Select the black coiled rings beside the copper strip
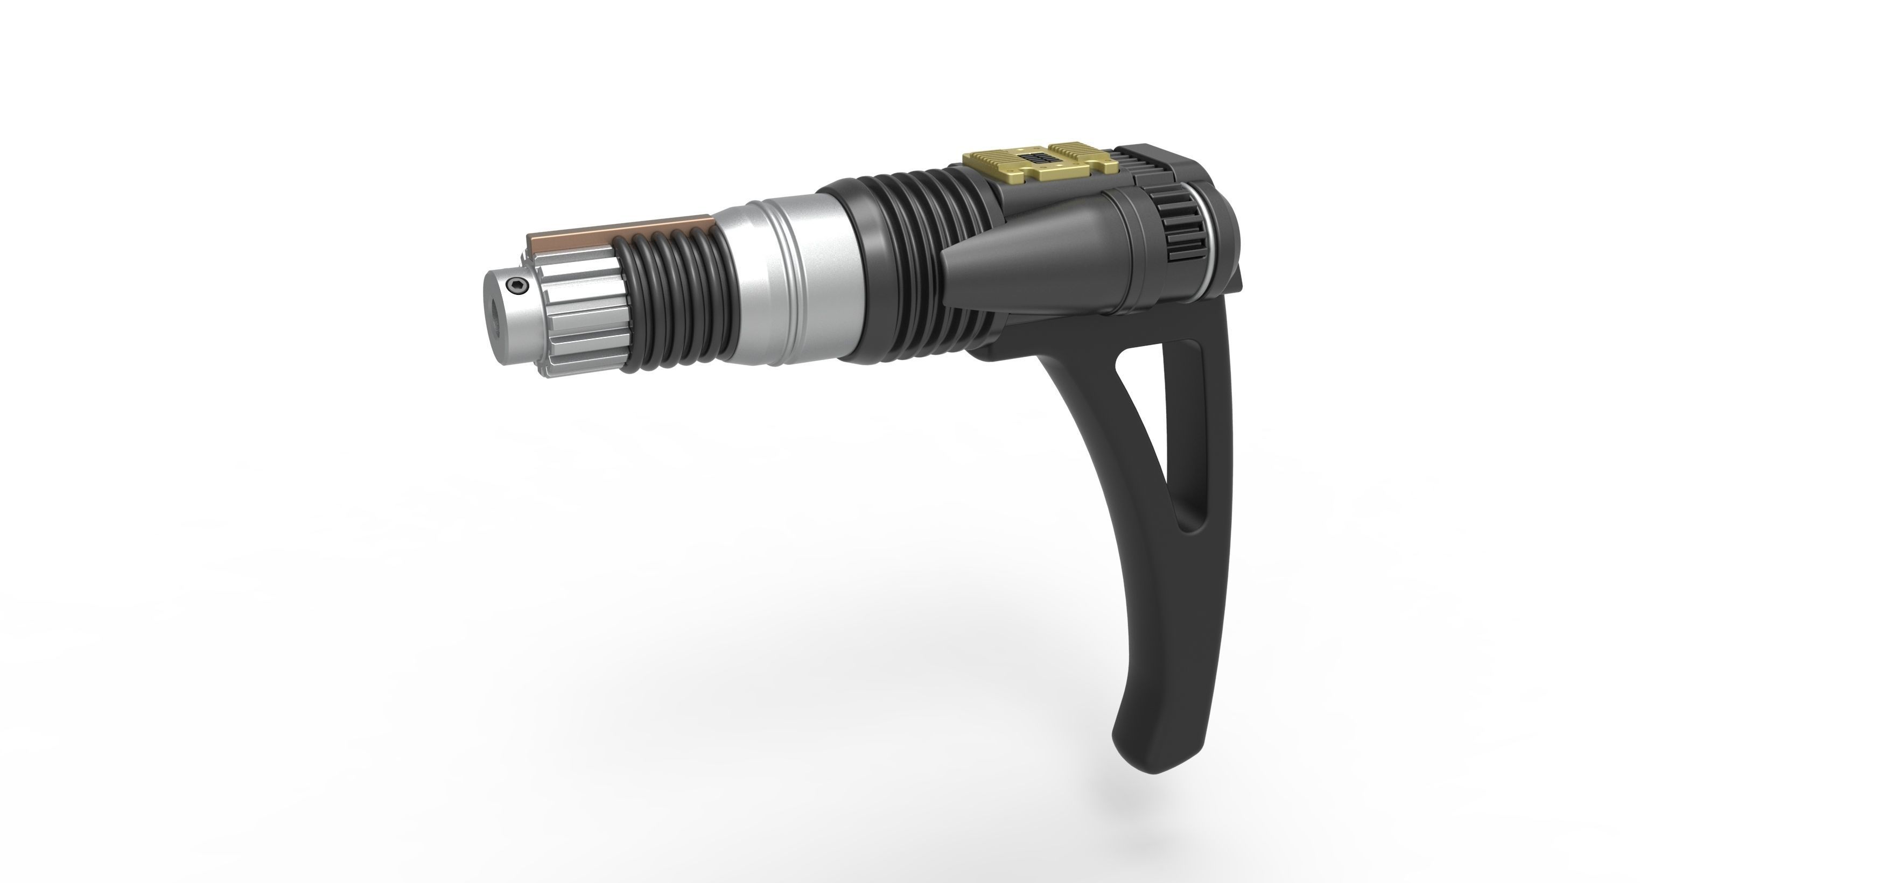point(673,293)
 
